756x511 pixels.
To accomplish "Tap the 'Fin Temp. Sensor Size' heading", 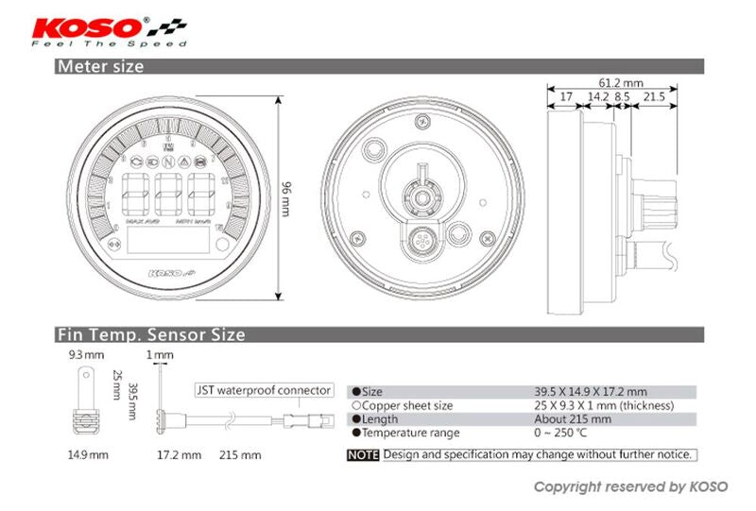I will coord(150,334).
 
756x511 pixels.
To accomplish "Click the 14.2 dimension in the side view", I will coord(597,96).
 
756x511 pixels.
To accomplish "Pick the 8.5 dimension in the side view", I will coord(622,96).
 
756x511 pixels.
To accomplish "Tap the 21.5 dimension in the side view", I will coord(654,96).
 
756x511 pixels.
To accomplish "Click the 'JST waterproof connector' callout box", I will coord(265,389).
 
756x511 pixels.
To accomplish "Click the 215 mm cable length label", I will coord(240,454).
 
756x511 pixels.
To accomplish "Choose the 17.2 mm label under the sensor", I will coord(178,454).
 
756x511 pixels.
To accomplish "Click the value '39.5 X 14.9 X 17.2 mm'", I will coord(590,391).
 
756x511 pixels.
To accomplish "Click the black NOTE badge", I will coord(364,454).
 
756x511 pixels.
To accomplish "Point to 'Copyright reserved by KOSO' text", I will coord(630,487).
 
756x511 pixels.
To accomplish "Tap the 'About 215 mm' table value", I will coord(573,419).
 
